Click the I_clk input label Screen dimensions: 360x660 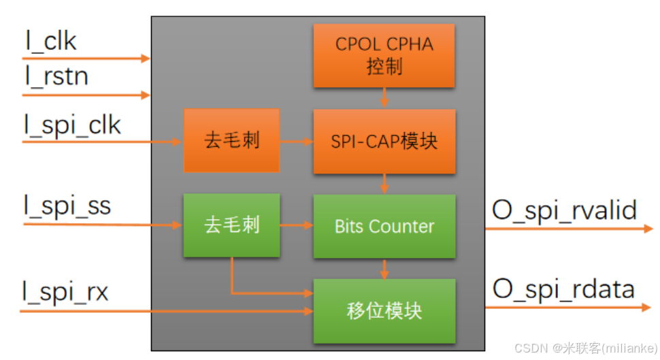(51, 42)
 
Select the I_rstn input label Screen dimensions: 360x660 (57, 76)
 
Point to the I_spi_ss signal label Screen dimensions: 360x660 (67, 206)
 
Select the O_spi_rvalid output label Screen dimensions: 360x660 (564, 210)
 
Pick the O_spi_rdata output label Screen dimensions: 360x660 (563, 289)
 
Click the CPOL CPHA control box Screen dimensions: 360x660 (384, 56)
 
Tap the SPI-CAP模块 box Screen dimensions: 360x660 (384, 142)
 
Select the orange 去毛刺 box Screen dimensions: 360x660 (231, 141)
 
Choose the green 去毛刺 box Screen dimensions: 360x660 (231, 225)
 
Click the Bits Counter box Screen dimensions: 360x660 (384, 227)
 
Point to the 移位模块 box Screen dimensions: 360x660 (384, 311)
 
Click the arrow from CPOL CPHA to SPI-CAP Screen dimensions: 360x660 (384, 98)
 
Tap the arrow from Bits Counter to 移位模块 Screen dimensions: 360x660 (384, 269)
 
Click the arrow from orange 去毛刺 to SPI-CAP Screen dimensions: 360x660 (296, 142)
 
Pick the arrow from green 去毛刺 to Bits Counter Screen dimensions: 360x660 (296, 225)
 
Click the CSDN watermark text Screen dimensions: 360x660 (586, 348)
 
